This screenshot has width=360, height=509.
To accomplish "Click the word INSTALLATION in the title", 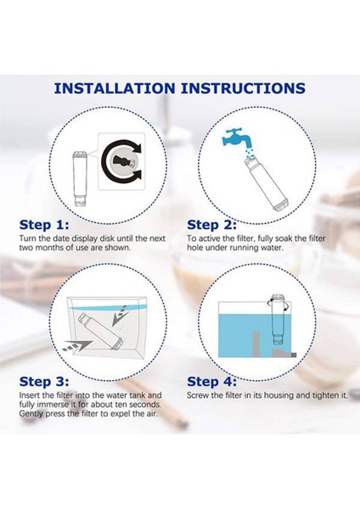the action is (x=115, y=88).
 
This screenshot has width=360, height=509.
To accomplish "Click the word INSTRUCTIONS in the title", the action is (x=243, y=88).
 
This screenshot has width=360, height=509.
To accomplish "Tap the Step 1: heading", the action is (x=44, y=225).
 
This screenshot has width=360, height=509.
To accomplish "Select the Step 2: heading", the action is (x=212, y=225).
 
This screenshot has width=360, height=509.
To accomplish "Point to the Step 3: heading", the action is (x=44, y=382).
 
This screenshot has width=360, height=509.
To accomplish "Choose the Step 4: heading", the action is (x=212, y=382).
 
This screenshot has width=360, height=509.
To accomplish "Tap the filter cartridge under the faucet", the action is (x=266, y=182).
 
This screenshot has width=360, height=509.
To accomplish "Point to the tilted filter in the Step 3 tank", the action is (x=101, y=331).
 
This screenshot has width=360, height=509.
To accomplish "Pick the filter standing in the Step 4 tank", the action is (x=278, y=320).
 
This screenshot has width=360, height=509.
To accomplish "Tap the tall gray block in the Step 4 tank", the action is (x=256, y=344).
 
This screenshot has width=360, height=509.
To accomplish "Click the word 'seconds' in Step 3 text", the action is (x=145, y=405).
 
